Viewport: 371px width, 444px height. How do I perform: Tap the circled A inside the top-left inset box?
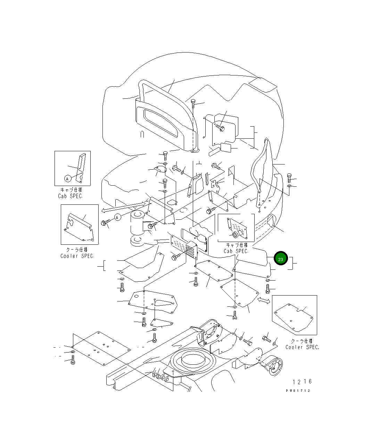click(x=68, y=179)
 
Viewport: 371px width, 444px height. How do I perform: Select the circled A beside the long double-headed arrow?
click(x=117, y=217)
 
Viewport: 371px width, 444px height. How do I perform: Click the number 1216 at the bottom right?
click(x=302, y=382)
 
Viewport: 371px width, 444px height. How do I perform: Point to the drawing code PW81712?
click(x=298, y=390)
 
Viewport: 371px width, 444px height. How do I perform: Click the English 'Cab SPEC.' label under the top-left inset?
click(x=71, y=196)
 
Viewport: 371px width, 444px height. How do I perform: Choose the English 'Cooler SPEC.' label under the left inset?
click(x=77, y=256)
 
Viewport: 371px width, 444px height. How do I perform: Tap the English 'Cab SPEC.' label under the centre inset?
click(x=236, y=251)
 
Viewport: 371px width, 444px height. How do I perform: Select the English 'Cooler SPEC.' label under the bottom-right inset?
click(x=302, y=347)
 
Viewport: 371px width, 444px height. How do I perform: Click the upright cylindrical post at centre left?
click(x=137, y=224)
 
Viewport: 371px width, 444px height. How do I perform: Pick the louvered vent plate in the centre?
click(x=184, y=246)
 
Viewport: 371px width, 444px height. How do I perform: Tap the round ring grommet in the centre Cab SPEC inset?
click(x=236, y=234)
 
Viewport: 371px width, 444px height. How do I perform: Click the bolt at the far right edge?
click(x=289, y=179)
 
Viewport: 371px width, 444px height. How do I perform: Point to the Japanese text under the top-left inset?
click(x=71, y=190)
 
